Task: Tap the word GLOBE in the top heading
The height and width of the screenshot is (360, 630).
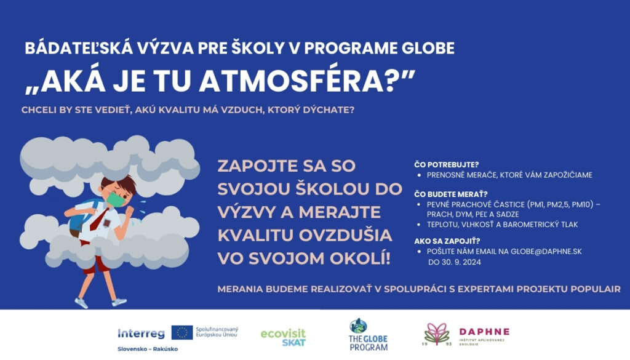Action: [x=428, y=48]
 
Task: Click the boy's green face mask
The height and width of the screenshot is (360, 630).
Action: [x=116, y=199]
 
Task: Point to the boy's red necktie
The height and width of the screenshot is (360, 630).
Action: [x=98, y=220]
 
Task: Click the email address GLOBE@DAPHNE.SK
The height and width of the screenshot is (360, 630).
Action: [x=546, y=252]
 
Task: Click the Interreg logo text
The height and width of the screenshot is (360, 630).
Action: [x=141, y=334]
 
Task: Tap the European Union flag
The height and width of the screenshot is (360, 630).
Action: [x=182, y=333]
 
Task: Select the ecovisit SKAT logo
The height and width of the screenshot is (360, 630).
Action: [x=283, y=337]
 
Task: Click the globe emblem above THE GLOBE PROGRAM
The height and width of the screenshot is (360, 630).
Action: [x=358, y=326]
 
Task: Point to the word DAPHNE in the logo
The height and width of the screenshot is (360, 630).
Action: [x=484, y=332]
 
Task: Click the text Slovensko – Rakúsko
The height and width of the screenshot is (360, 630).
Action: [x=148, y=349]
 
